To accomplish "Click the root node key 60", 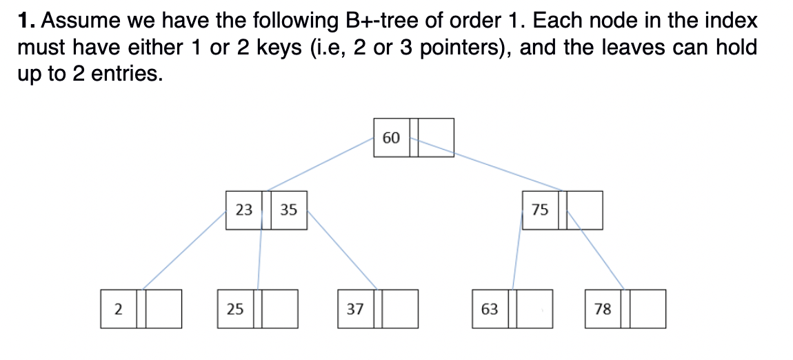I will tap(390, 138).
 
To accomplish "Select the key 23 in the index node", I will tap(244, 210).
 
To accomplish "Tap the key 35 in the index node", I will tap(289, 210).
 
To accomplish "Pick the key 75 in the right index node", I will tap(541, 210).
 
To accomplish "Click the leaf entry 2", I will tap(118, 309).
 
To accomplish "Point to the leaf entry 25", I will tap(235, 309).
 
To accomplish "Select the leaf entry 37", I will tap(355, 309).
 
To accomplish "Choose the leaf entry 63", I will tap(490, 309).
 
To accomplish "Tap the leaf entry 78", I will tap(603, 309).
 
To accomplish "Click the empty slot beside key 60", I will tap(436, 138).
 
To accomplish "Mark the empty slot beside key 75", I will tap(585, 210).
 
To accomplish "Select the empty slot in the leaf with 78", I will tap(649, 309).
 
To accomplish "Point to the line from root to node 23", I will tap(321, 163).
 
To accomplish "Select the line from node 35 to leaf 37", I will tap(341, 250).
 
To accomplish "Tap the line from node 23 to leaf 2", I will tap(185, 250).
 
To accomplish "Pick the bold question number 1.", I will tap(26, 21).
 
